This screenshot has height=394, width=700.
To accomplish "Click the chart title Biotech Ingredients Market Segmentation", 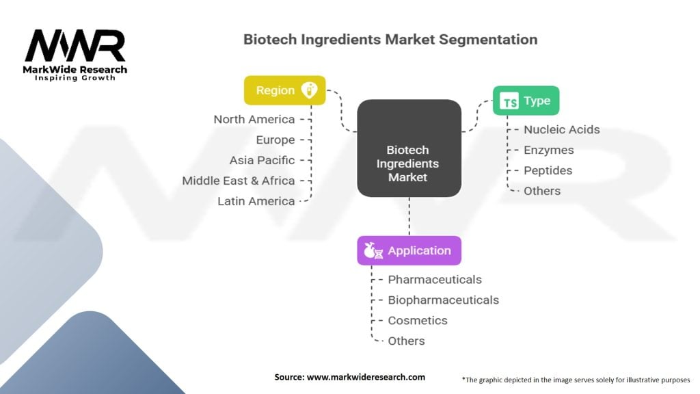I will point(390,40).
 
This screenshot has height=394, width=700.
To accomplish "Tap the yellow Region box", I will point(284,90).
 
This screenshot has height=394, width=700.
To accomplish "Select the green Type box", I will point(526,101).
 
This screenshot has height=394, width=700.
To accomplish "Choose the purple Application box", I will point(409,251).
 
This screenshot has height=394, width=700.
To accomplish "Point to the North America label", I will point(254,120).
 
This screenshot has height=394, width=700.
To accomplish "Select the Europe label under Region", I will point(275,140).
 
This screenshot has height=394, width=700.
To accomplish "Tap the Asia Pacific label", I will point(262,161).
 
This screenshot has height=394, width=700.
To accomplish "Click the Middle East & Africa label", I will point(238,181).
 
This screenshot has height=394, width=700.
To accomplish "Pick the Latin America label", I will point(256,202).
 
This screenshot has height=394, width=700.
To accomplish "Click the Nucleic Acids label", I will point(561,130).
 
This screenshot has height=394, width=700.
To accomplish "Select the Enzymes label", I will point(548,150).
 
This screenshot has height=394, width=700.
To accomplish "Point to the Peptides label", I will point(548,171).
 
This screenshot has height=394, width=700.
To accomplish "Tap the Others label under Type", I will point(541,192).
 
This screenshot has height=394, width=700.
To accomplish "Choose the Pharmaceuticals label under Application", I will point(434,280).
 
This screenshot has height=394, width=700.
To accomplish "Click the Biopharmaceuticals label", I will point(443,300).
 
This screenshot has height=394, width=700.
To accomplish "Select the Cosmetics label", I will point(417,321).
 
